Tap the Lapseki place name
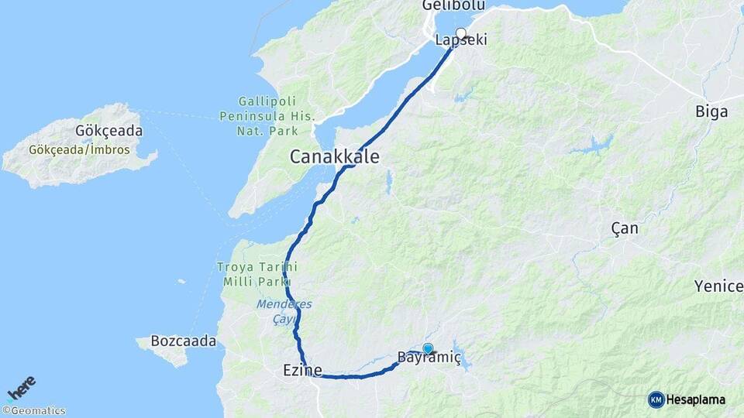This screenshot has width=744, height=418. pos(461,40)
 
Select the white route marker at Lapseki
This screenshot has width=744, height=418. pos(461,33)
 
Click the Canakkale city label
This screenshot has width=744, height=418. pos(335,156)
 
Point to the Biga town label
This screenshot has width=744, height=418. pos(711,111)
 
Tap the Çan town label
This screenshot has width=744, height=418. pos(624,228)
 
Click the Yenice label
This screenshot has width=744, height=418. pos(718,286)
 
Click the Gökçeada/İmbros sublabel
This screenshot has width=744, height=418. pos(80,149)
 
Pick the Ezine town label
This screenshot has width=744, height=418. pos(303,371)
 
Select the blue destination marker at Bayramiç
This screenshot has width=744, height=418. pos(428,349)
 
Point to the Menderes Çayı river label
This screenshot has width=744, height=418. pos(284,310)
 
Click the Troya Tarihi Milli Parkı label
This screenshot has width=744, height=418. pos(256,274)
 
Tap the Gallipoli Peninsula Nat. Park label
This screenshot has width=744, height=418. pos(277,116)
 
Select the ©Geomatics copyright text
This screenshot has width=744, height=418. pos(33,411)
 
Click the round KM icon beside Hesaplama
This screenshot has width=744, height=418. pos(656,399)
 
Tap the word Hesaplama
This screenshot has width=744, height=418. pos(696,399)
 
